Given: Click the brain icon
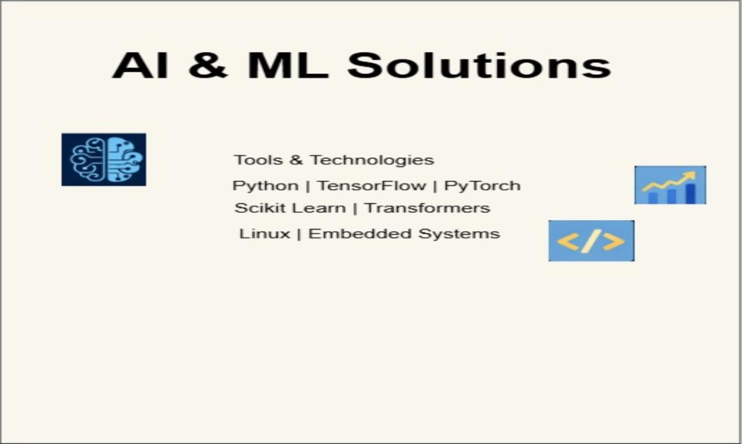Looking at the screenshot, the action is (x=104, y=160).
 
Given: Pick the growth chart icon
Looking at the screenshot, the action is (x=670, y=185).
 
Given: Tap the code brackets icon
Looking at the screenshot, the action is (x=591, y=241).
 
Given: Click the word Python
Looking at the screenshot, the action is (x=266, y=186).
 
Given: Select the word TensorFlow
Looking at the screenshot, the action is (x=372, y=186).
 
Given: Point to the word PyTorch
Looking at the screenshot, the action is (x=482, y=186).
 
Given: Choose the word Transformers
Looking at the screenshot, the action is (x=427, y=208).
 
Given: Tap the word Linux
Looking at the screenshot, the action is (x=265, y=234).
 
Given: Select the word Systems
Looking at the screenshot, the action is (x=459, y=234).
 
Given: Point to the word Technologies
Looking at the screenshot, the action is (x=372, y=160).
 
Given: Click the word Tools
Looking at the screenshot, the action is (x=258, y=160).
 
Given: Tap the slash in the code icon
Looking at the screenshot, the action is (x=591, y=241).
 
